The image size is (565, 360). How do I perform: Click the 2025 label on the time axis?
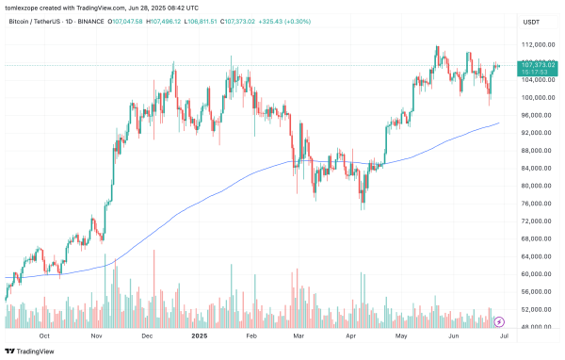(199, 335)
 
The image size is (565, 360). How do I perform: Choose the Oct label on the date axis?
(44, 335)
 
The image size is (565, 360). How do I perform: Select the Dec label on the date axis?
(147, 335)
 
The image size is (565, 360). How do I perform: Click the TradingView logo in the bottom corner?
(30, 350)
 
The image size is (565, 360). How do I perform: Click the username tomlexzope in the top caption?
(24, 7)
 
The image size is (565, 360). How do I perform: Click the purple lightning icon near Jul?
(500, 321)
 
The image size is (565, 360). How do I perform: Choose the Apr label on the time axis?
(350, 335)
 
